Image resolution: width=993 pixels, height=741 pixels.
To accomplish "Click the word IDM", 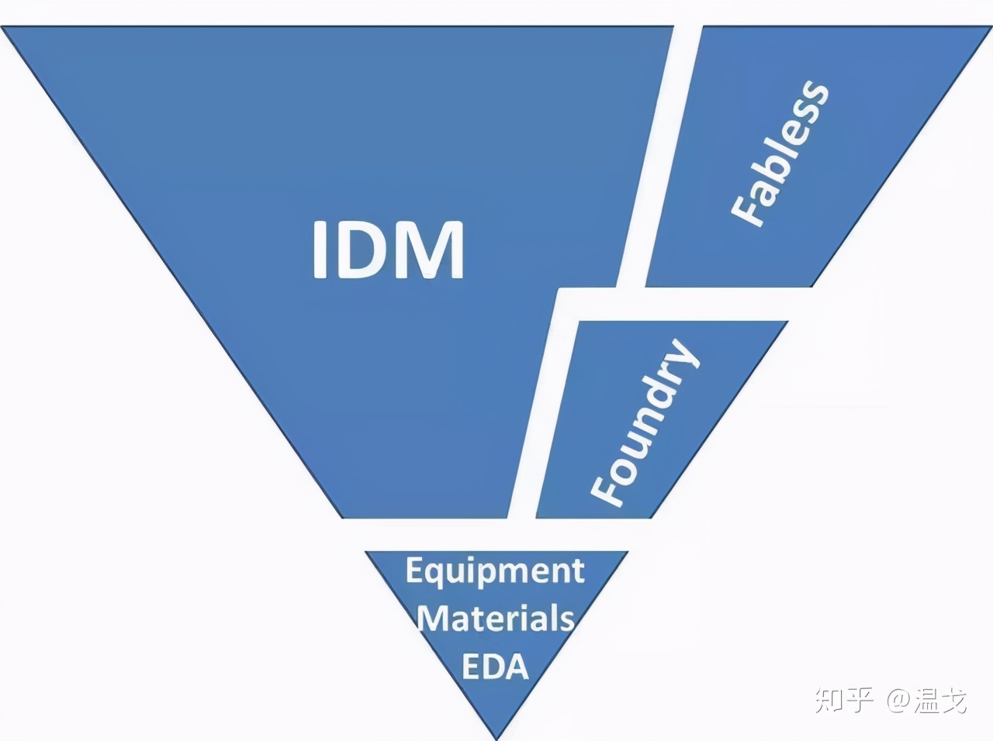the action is coord(388,250).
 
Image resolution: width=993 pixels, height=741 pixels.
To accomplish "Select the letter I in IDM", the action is coord(320,250).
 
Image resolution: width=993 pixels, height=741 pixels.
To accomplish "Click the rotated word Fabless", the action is coord(780,153).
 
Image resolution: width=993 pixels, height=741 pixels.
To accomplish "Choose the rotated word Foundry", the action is coord(645,422).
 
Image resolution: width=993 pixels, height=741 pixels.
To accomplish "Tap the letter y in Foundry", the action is coord(681,357).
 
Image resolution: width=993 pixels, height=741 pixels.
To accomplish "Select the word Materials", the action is coord(496,619).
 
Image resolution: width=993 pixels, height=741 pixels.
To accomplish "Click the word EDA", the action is coord(495,666).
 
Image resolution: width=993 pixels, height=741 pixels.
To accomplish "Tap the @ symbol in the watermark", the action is coord(899,701).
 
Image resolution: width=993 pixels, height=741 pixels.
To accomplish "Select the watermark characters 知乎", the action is coord(844,701).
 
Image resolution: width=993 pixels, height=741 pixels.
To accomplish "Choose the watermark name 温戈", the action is coord(940,701).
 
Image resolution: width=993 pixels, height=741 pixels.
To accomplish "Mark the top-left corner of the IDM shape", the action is coord(2,26).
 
